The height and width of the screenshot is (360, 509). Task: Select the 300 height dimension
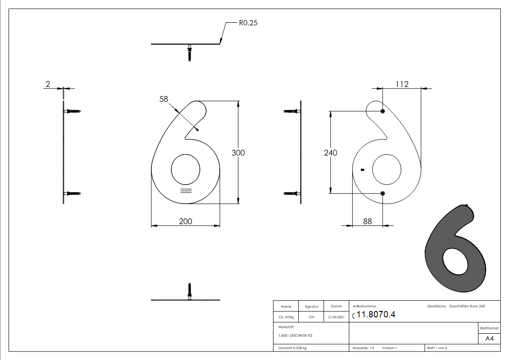pos(238,153)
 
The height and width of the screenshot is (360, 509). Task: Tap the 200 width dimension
pos(185,221)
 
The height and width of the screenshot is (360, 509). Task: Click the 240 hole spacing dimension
pos(330,153)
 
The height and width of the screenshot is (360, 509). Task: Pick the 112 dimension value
pos(402,84)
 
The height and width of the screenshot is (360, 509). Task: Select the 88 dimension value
pos(367,221)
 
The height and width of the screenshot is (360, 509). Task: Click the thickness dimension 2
pos(48,84)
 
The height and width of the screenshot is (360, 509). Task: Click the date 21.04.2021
pos(336,317)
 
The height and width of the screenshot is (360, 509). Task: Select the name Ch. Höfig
pos(286,317)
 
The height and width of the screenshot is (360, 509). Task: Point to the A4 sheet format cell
pos(490,339)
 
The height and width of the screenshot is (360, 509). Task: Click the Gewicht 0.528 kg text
pos(292,348)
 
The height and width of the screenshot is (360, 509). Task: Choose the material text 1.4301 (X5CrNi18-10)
pos(296,336)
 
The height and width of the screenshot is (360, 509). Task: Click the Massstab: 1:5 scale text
pos(363,348)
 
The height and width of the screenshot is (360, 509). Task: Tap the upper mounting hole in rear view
pos(383,111)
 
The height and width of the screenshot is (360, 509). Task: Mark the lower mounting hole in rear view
pos(383,194)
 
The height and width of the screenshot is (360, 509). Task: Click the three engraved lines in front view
pos(185,190)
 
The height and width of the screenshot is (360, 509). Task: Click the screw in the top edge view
pos(189,52)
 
